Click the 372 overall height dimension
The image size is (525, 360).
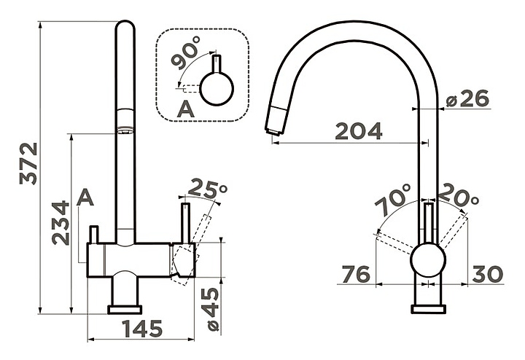click(x=28, y=164)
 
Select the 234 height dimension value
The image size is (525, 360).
click(x=61, y=223)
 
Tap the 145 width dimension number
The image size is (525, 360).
click(x=143, y=329)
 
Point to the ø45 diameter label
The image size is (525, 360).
click(x=212, y=309)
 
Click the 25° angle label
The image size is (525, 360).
click(x=207, y=189)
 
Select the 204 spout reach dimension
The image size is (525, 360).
click(x=359, y=131)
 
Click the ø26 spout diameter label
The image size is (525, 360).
click(x=467, y=98)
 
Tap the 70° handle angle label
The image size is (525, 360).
click(x=392, y=200)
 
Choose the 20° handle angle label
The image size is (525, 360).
click(x=459, y=196)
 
